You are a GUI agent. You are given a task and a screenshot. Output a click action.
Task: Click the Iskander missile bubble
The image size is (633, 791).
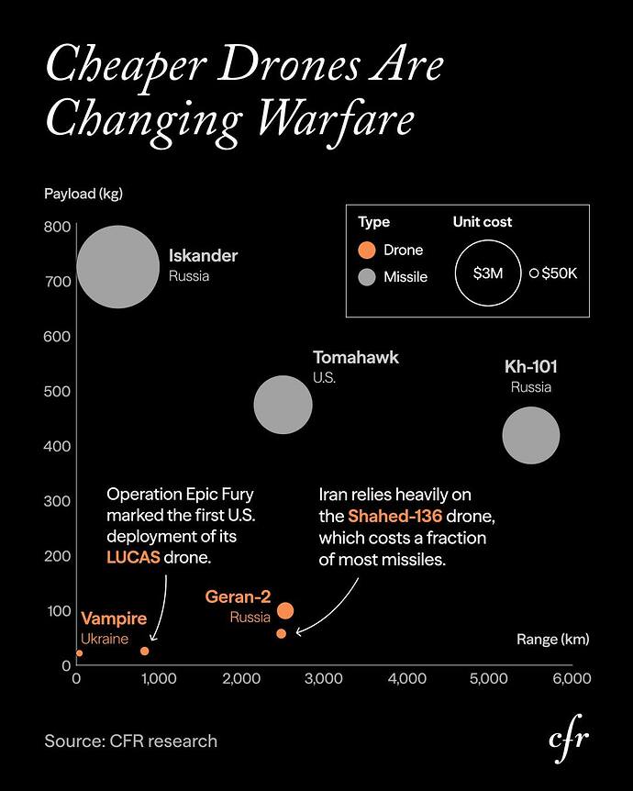click(x=117, y=267)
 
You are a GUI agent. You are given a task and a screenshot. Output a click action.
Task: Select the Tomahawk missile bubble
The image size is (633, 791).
click(x=283, y=404)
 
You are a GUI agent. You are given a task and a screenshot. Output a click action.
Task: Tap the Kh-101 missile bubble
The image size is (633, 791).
click(x=530, y=436)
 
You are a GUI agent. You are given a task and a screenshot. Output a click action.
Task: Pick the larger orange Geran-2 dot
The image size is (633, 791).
click(x=285, y=611)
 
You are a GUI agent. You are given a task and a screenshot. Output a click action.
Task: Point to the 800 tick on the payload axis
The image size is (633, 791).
click(x=58, y=227)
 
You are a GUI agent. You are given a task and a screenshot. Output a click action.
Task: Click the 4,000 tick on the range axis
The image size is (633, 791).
click(x=406, y=679)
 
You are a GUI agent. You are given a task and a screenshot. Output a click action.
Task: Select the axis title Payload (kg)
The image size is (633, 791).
click(x=83, y=195)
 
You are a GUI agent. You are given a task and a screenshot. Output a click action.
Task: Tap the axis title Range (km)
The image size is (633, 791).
click(x=552, y=639)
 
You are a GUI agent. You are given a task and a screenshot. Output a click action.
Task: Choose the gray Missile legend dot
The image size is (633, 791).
click(x=367, y=276)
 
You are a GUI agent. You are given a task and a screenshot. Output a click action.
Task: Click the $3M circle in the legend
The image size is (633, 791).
click(x=487, y=273)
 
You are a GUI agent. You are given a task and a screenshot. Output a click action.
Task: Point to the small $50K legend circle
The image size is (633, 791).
click(x=533, y=273)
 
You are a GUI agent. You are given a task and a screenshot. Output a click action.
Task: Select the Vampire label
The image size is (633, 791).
click(x=114, y=619)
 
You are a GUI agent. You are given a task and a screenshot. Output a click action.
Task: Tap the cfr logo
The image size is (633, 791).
click(x=568, y=740)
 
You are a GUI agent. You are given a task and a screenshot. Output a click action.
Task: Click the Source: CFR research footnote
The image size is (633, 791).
click(x=131, y=741)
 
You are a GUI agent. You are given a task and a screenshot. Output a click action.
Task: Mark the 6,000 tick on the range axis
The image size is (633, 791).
click(x=571, y=679)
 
